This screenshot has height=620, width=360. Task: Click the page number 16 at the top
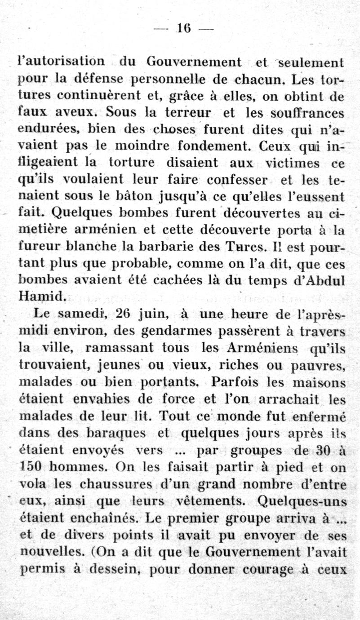click(184, 29)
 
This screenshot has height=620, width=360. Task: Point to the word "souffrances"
click(304, 113)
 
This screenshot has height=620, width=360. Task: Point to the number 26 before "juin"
click(123, 314)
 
